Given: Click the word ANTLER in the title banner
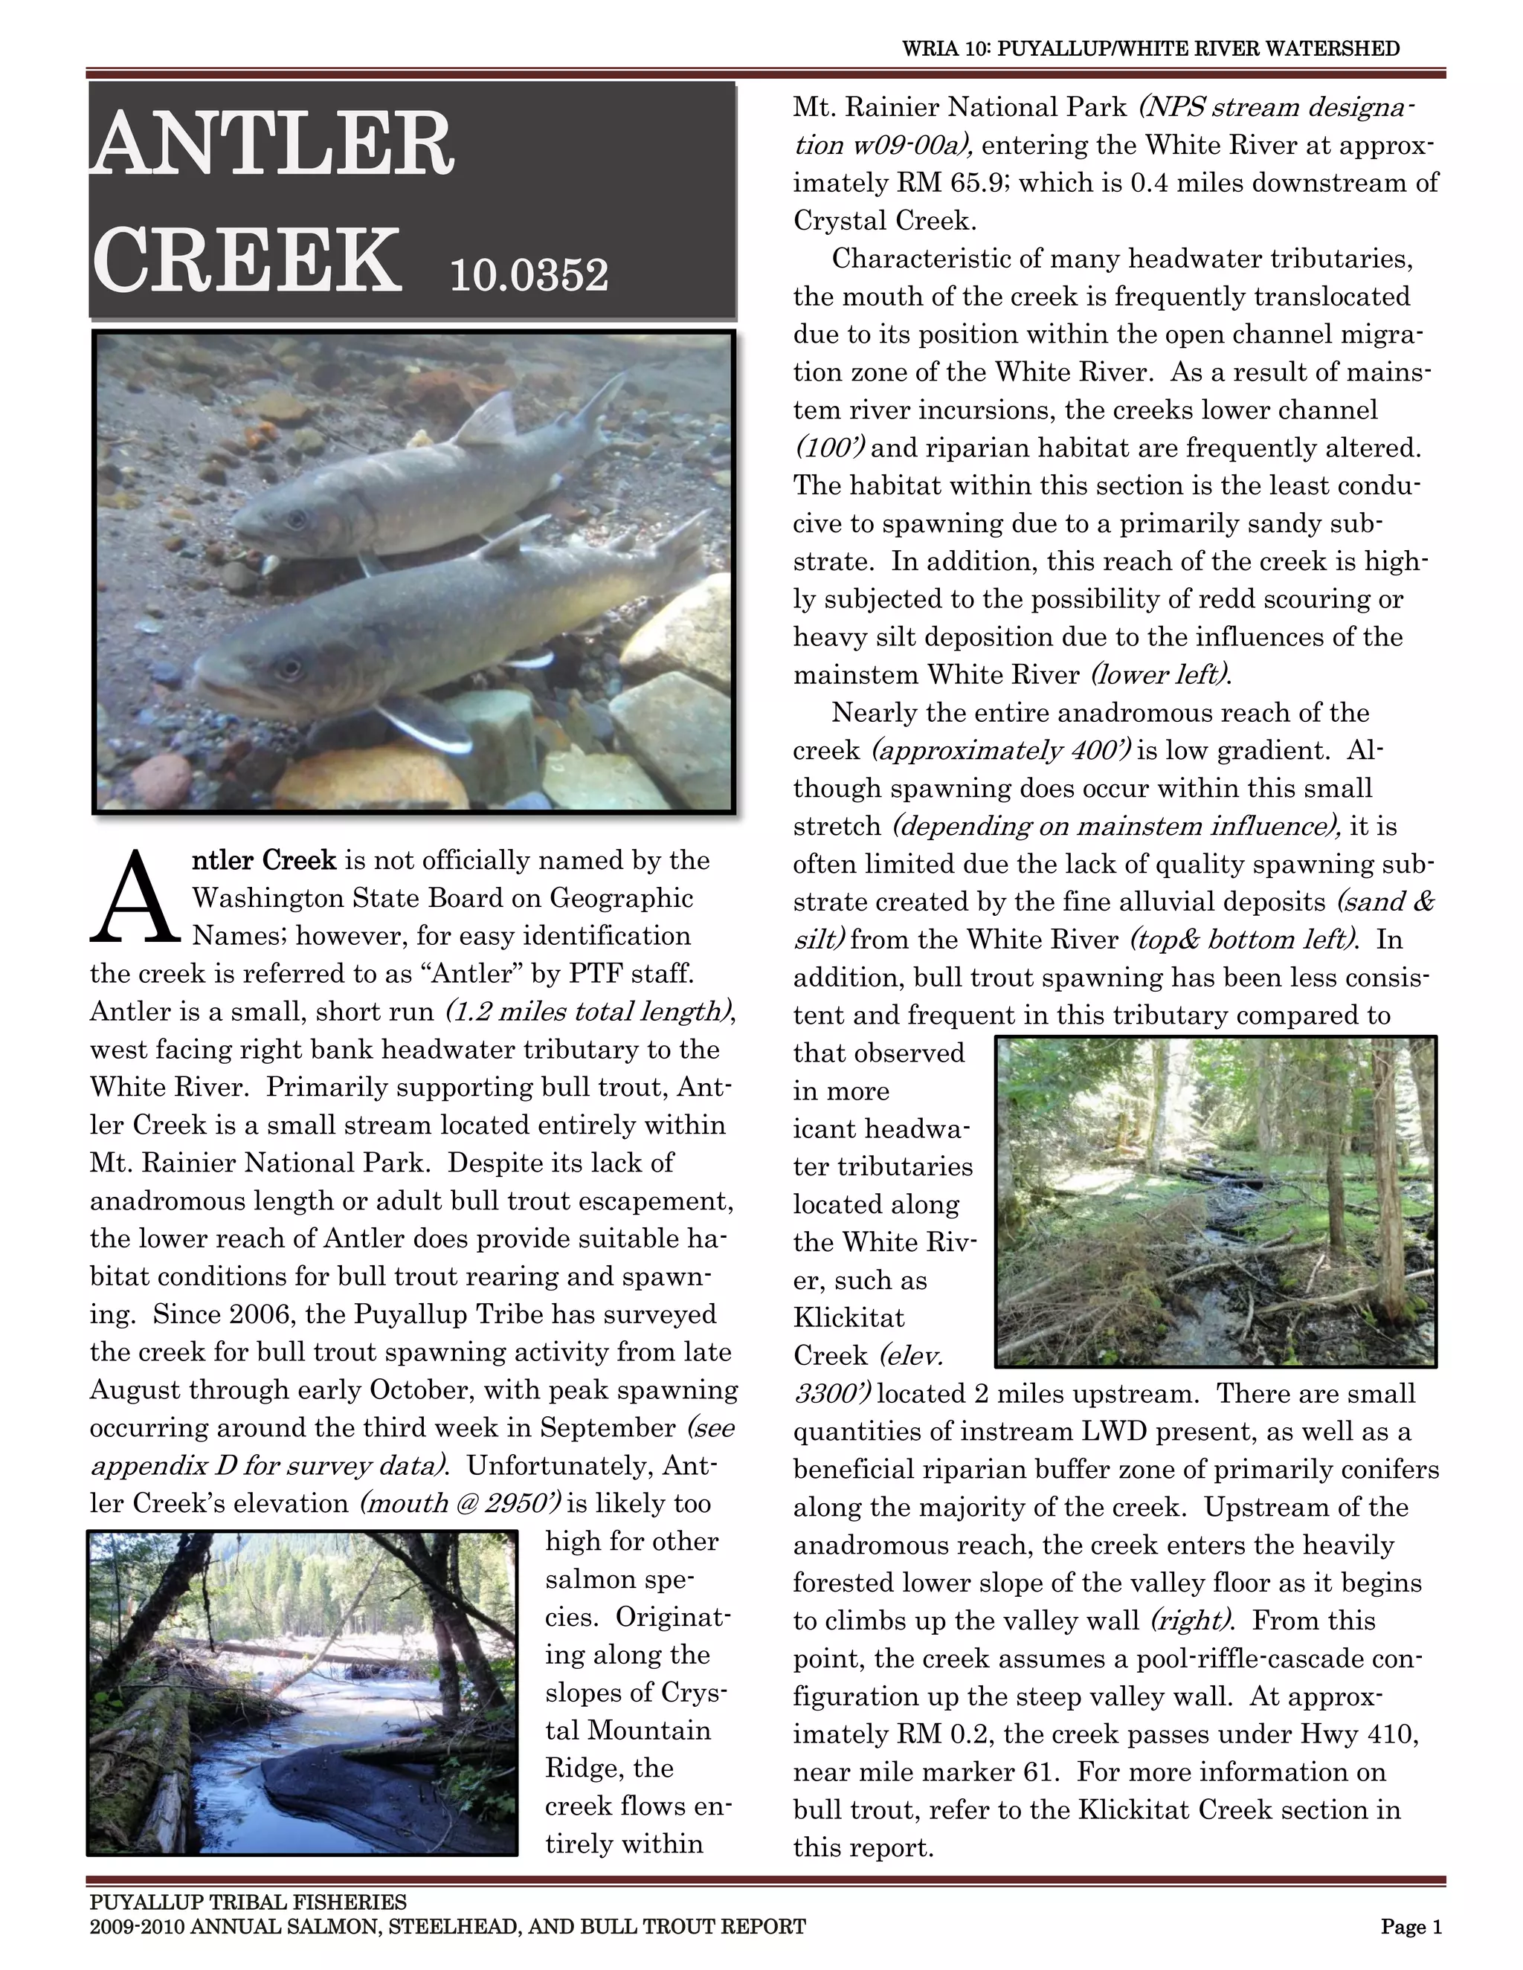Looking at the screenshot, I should click(272, 144).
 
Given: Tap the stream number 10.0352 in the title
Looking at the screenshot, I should click(529, 274).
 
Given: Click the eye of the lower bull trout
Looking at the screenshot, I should click(289, 668).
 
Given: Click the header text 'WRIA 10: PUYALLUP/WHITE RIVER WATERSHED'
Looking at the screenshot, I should click(1150, 49).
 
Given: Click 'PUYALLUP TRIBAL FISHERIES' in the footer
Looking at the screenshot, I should click(248, 1902).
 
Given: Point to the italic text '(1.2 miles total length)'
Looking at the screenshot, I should click(587, 1011).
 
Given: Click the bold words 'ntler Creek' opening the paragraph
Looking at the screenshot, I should click(264, 861).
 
